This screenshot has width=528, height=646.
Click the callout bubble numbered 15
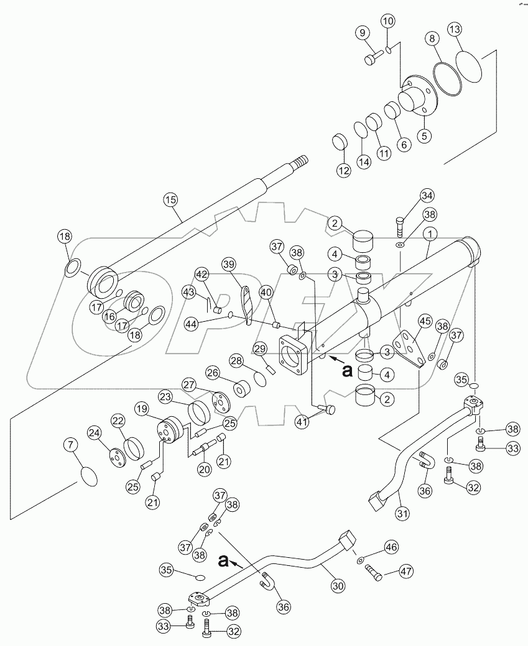tap(170, 199)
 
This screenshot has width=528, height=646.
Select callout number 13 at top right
tap(455, 30)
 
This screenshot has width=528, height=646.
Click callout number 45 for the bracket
tap(425, 321)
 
